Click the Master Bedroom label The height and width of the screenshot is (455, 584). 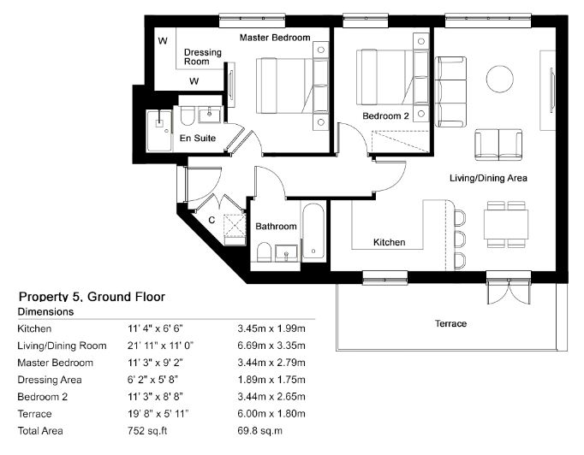[x=275, y=38]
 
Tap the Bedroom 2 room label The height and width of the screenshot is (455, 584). [x=385, y=116]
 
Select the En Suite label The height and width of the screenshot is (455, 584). [x=198, y=139]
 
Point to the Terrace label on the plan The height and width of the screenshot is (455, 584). [x=450, y=323]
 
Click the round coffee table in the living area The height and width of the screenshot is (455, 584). [x=500, y=79]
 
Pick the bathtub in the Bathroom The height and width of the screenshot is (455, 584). [x=313, y=231]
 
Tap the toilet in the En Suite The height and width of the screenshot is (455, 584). [x=188, y=115]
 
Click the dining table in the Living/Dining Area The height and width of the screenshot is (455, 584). [x=506, y=224]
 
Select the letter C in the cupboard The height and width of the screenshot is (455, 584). [x=212, y=221]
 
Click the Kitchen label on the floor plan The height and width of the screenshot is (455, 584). [x=390, y=242]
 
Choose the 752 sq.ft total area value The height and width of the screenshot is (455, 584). [x=147, y=431]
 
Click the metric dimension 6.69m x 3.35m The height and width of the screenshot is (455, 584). [x=271, y=346]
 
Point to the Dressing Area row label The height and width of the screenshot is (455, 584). [x=50, y=380]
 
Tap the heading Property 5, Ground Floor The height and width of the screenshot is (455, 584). [x=92, y=297]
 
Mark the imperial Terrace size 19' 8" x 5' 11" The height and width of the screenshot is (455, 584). [x=158, y=414]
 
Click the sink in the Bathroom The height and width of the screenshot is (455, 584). [x=286, y=253]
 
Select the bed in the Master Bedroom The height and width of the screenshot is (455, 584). [x=292, y=86]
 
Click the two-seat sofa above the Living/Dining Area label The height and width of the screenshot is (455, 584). [x=498, y=145]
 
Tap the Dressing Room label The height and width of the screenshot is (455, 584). [x=203, y=57]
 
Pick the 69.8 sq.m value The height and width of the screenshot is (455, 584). [x=259, y=431]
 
